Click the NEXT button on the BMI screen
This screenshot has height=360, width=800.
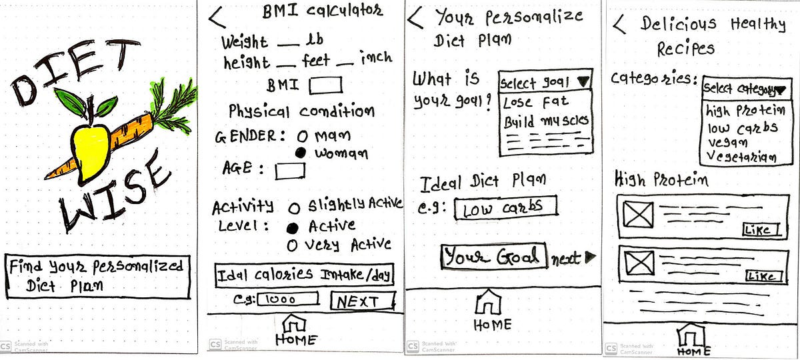click(363, 301)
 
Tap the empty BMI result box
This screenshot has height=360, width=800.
click(325, 85)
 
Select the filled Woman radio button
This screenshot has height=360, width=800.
click(301, 153)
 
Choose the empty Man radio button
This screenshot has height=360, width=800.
click(302, 136)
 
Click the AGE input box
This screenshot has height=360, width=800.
click(290, 171)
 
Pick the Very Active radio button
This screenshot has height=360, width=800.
click(292, 245)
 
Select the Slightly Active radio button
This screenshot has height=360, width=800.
click(294, 208)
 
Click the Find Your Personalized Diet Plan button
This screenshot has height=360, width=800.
click(97, 276)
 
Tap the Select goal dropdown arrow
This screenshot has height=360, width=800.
click(583, 81)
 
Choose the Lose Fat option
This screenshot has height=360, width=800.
click(536, 103)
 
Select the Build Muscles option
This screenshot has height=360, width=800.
click(546, 121)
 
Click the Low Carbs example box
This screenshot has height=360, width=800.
click(506, 207)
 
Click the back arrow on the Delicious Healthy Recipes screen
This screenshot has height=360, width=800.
click(619, 24)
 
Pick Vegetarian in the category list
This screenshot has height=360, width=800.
click(742, 157)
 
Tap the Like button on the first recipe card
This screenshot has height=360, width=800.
click(761, 229)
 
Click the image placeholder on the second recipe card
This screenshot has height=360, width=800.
click(639, 263)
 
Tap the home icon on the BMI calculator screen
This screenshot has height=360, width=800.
click(294, 323)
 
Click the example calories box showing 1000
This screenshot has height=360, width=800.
click(288, 299)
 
